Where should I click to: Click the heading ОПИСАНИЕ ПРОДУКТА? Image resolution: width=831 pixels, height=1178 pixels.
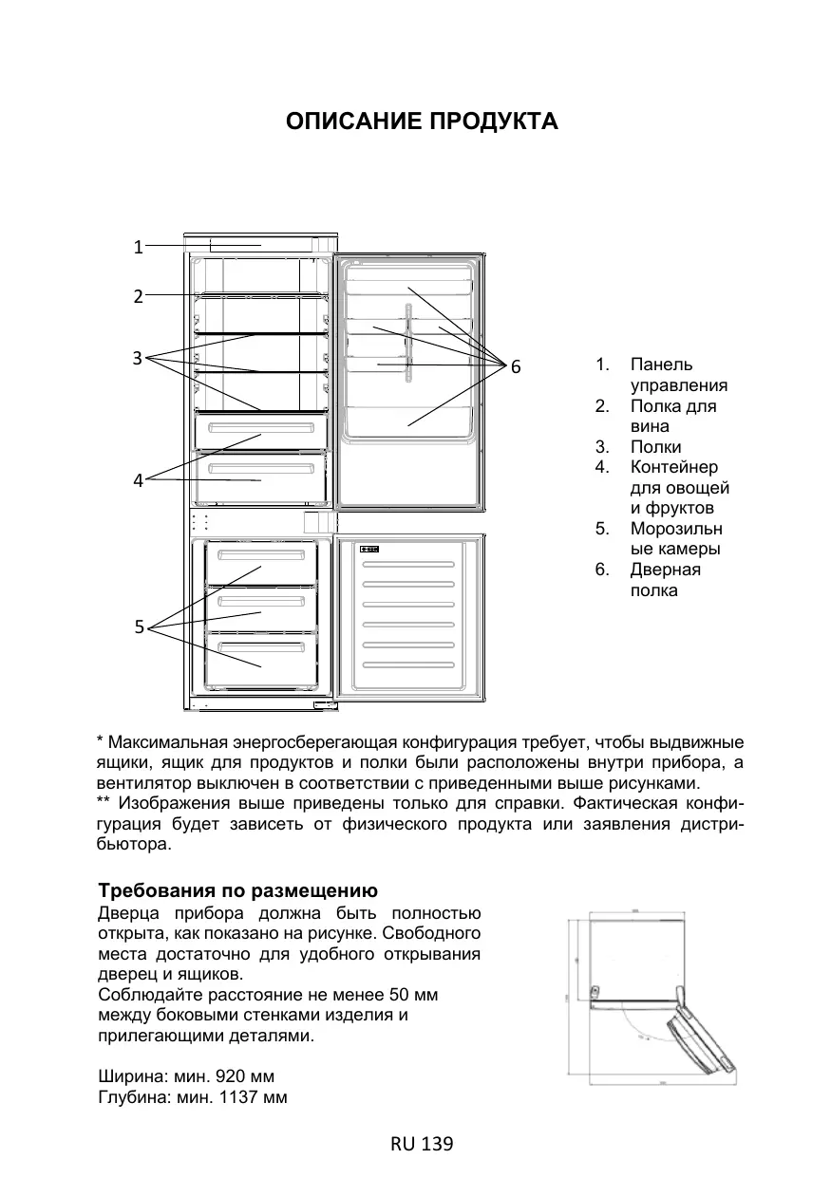422,122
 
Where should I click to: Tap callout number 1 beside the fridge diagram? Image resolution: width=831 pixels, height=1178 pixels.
138,248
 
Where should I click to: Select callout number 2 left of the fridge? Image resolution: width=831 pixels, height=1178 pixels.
138,296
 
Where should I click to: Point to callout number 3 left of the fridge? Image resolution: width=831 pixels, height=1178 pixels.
138,358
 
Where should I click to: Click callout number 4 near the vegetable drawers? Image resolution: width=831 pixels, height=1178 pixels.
138,480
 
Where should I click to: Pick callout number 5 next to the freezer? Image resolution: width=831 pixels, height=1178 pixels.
139,626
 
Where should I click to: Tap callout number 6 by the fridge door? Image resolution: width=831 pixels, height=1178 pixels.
516,366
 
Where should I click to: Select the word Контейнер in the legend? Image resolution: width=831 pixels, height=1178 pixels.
673,468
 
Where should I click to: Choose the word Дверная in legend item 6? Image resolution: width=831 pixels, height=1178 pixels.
665,570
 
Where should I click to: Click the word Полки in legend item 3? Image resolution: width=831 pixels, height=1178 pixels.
655,447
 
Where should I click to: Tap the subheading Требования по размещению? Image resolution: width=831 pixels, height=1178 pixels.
238,892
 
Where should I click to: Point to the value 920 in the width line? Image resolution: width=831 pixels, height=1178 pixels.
232,1077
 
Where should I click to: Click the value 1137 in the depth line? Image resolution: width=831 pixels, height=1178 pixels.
238,1098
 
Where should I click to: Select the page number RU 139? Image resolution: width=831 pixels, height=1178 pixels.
422,1145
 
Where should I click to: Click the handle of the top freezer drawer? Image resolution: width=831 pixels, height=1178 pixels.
261,554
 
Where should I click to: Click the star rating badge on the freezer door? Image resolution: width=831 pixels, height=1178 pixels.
370,550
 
